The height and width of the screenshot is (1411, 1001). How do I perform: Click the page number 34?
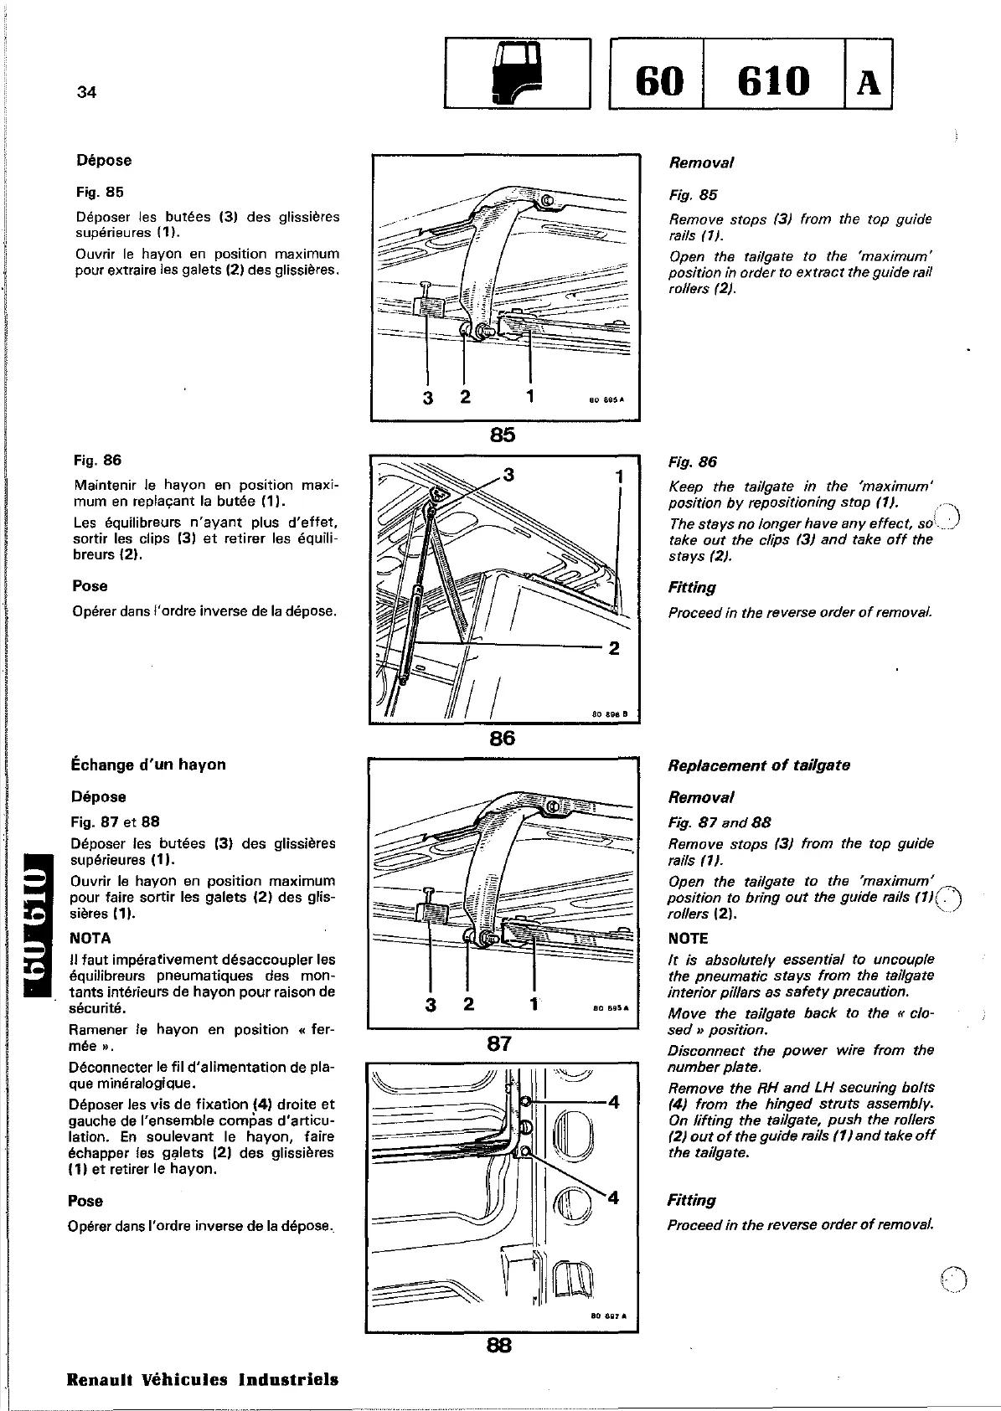[86, 92]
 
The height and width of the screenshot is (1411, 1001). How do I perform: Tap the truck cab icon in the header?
[517, 74]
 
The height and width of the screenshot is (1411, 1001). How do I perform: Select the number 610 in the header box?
[774, 81]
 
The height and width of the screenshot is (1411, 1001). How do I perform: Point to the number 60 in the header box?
[659, 81]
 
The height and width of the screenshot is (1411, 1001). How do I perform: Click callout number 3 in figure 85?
[428, 398]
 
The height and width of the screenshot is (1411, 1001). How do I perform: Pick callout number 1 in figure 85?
[531, 395]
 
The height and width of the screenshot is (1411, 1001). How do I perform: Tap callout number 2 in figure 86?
[614, 648]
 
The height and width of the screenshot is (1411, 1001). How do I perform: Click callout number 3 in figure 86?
[508, 476]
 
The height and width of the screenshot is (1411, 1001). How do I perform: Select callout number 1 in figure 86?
[619, 476]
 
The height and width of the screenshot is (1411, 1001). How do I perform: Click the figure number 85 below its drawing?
[503, 435]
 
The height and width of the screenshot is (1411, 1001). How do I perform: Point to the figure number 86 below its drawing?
[503, 738]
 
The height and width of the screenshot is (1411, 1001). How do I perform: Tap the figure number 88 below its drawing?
[499, 1346]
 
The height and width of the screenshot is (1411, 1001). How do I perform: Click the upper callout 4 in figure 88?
[613, 1102]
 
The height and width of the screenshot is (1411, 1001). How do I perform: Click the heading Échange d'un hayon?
[148, 765]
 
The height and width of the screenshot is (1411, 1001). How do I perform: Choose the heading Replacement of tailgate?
[758, 765]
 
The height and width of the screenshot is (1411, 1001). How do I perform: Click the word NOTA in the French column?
[90, 938]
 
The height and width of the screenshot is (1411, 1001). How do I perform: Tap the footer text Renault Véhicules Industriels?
[203, 1379]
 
